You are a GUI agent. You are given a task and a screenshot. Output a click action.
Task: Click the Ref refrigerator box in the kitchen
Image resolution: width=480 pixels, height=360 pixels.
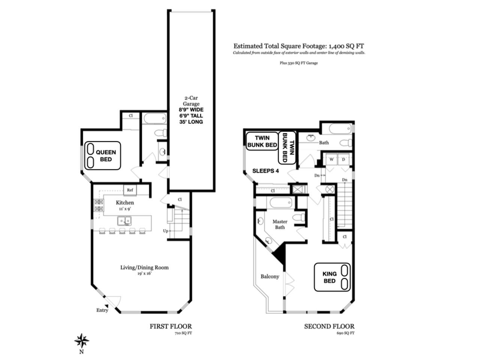click(130, 190)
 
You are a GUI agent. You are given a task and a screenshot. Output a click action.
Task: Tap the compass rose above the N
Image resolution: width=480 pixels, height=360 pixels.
click(82, 340)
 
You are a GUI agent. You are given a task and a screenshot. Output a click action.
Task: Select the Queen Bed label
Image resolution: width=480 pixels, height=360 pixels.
click(106, 156)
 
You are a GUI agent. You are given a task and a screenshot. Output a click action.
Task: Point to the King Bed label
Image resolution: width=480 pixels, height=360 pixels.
click(329, 277)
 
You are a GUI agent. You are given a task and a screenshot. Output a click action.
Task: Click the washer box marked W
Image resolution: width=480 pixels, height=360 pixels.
click(331, 159)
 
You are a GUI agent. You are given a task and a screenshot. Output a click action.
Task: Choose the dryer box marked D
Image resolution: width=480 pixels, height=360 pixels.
click(343, 159)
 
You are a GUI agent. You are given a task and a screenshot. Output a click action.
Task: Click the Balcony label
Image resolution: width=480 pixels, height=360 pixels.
click(270, 276)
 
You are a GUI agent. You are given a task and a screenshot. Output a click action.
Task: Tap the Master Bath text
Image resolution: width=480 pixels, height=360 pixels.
click(280, 224)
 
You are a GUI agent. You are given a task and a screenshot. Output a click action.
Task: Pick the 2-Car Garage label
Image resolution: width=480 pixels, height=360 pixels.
click(191, 101)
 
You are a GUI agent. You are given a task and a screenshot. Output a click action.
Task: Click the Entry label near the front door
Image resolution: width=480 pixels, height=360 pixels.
click(102, 310)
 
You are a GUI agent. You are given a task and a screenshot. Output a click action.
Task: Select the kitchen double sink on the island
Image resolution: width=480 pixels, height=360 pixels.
click(124, 220)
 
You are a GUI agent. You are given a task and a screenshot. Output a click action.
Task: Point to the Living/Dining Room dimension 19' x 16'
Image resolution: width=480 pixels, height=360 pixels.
click(144, 273)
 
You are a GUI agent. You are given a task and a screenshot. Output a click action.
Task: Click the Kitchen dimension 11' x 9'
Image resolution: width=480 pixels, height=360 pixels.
click(124, 209)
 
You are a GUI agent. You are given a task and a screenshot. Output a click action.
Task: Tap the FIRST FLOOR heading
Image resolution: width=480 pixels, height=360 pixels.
click(171, 326)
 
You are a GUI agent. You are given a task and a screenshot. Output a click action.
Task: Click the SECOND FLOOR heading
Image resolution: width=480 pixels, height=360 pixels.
click(329, 326)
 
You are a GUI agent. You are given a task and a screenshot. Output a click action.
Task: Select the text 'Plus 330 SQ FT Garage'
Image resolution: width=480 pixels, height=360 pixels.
click(299, 63)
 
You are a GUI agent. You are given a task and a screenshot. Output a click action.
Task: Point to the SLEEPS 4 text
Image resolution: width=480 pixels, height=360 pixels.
click(265, 171)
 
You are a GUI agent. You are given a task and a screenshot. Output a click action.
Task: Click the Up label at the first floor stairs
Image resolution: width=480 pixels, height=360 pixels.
click(165, 231)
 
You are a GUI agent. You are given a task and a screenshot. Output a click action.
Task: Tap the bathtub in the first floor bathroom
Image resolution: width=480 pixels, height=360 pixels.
click(155, 119)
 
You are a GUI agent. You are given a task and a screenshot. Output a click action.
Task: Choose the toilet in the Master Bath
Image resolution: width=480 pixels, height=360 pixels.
click(299, 217)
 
